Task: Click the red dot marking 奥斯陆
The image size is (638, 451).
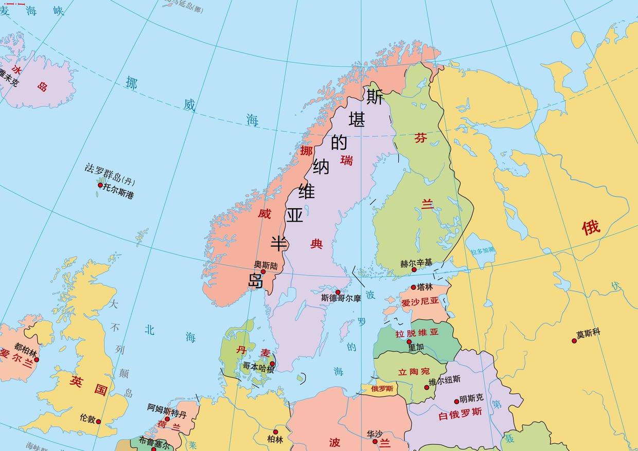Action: tap(263, 272)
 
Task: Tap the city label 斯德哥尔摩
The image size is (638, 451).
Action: tap(341, 298)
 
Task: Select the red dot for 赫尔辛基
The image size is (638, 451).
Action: tap(414, 269)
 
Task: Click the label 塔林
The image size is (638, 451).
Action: tap(425, 287)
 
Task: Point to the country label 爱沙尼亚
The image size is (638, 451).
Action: tap(420, 302)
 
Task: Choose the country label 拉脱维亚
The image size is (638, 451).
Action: tap(417, 333)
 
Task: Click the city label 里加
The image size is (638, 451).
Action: tap(416, 347)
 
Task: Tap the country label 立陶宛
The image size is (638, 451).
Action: tap(414, 371)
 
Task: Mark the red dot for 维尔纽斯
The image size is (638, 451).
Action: tap(427, 387)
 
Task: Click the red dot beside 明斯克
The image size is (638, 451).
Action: tap(456, 402)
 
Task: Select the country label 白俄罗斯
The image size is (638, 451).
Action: tap(460, 413)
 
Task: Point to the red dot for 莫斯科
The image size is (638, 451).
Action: tap(574, 340)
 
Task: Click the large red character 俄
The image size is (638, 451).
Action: tap(591, 227)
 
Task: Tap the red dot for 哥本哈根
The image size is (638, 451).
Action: tap(273, 364)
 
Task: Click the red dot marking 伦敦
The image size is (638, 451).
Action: tap(98, 422)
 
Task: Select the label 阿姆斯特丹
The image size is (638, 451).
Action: tap(167, 410)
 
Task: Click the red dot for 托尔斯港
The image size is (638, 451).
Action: tap(100, 185)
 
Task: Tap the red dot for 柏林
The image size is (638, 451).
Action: tap(276, 432)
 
